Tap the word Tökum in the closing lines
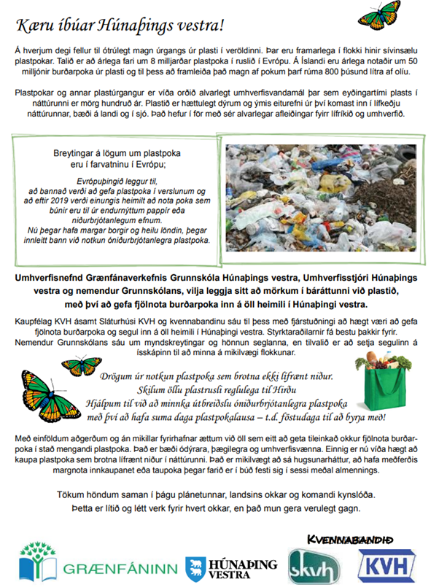coord(74,494)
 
